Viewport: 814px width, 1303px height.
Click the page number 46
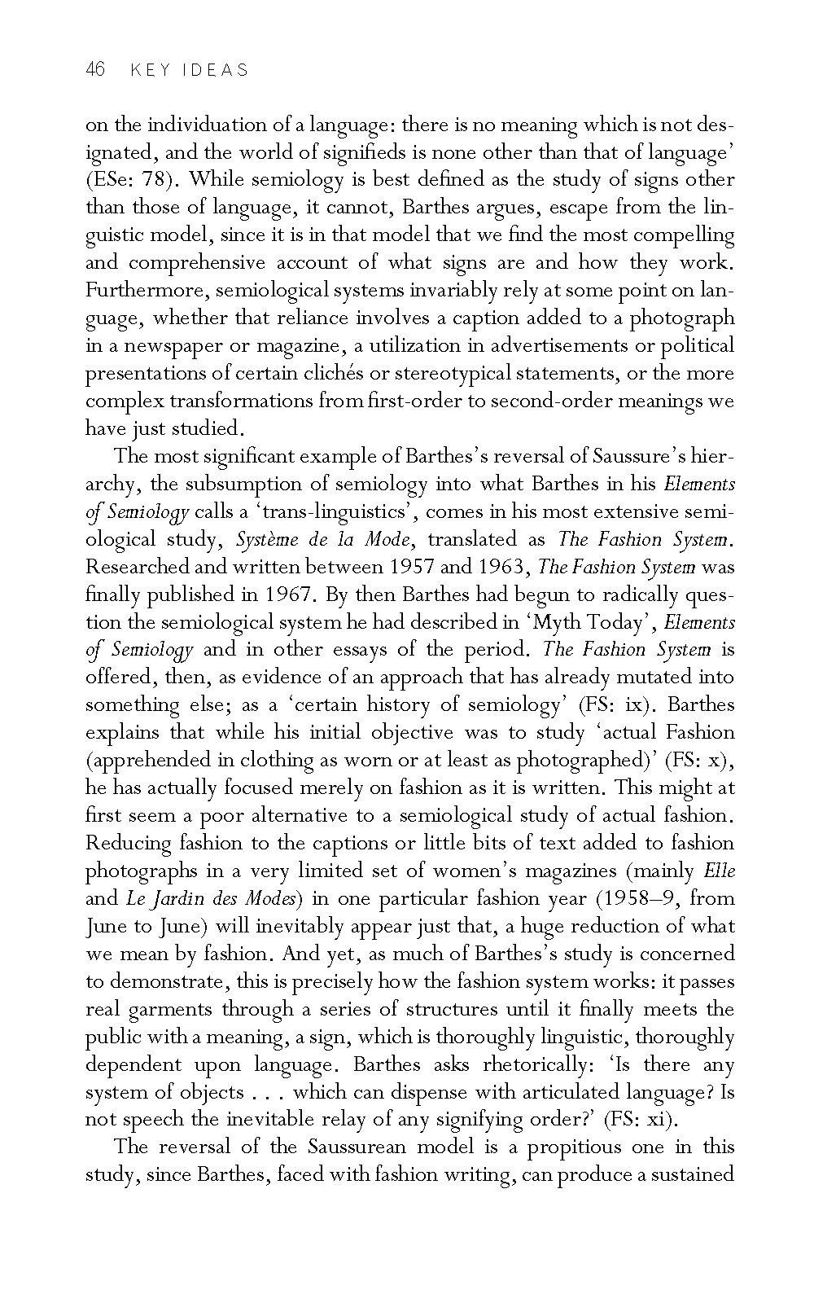pos(95,70)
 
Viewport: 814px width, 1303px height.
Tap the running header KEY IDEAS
pos(189,71)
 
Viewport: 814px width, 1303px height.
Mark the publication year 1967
pos(291,594)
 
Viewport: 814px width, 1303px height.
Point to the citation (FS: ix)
pos(616,705)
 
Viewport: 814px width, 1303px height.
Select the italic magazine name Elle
pos(719,871)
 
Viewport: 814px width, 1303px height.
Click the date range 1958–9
pos(654,898)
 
